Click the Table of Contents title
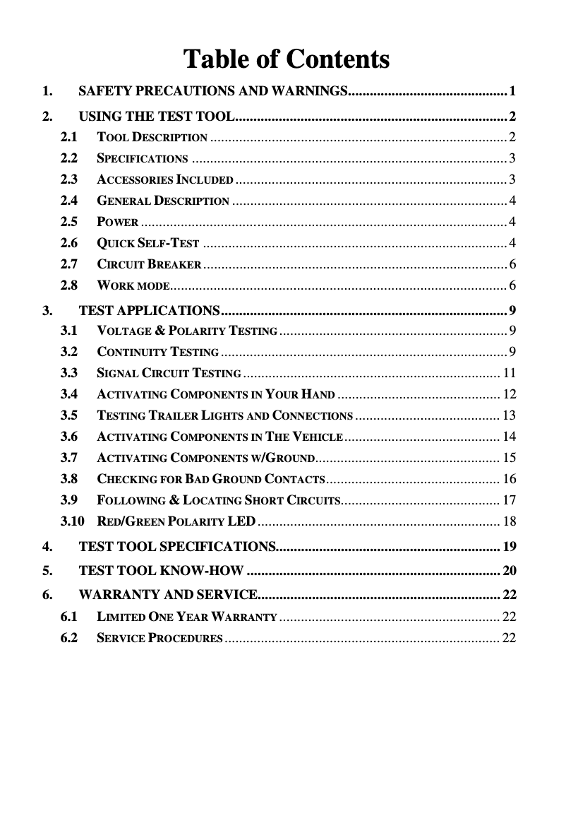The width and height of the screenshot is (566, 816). (286, 59)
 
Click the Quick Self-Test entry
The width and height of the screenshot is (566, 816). (147, 244)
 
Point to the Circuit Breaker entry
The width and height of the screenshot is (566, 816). (149, 265)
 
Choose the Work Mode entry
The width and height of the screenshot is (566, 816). (132, 286)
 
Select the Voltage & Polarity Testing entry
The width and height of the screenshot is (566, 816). (186, 331)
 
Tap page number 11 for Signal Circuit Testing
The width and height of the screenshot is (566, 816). (509, 373)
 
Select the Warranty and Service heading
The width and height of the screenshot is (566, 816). (167, 594)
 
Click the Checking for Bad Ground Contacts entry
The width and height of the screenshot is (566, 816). (210, 480)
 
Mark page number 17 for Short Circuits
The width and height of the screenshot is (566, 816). (509, 501)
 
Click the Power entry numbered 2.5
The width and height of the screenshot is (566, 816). (117, 223)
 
